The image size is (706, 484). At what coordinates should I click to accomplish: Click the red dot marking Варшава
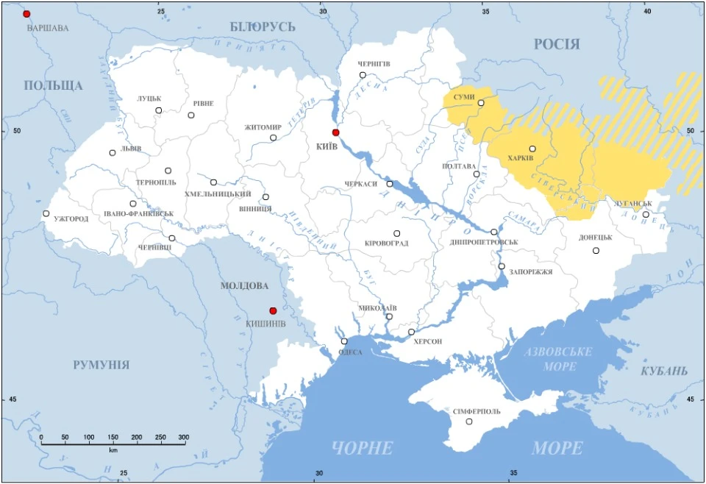(27, 14)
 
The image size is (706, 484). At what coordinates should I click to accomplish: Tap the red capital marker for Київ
(335, 132)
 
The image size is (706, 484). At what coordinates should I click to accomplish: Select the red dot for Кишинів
(273, 310)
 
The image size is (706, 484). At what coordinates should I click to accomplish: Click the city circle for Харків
(532, 149)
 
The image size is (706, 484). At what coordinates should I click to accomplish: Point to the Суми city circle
(481, 103)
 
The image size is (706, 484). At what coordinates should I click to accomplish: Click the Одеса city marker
(344, 341)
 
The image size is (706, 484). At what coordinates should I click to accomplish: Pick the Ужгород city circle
(46, 213)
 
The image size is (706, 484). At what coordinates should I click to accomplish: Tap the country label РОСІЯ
(556, 44)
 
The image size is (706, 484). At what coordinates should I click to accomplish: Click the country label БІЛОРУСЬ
(263, 27)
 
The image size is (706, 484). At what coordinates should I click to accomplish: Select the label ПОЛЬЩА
(53, 85)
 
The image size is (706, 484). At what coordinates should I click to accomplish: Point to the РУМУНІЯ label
(101, 364)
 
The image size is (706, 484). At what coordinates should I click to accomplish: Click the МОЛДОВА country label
(244, 285)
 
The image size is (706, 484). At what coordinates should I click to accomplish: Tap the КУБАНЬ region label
(664, 370)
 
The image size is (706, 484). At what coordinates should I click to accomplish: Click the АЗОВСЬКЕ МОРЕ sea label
(558, 358)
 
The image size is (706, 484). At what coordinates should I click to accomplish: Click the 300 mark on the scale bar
(183, 437)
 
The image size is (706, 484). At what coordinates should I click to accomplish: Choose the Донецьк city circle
(596, 251)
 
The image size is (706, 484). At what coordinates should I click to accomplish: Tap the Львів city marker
(113, 153)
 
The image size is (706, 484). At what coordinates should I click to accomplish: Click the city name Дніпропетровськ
(483, 242)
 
